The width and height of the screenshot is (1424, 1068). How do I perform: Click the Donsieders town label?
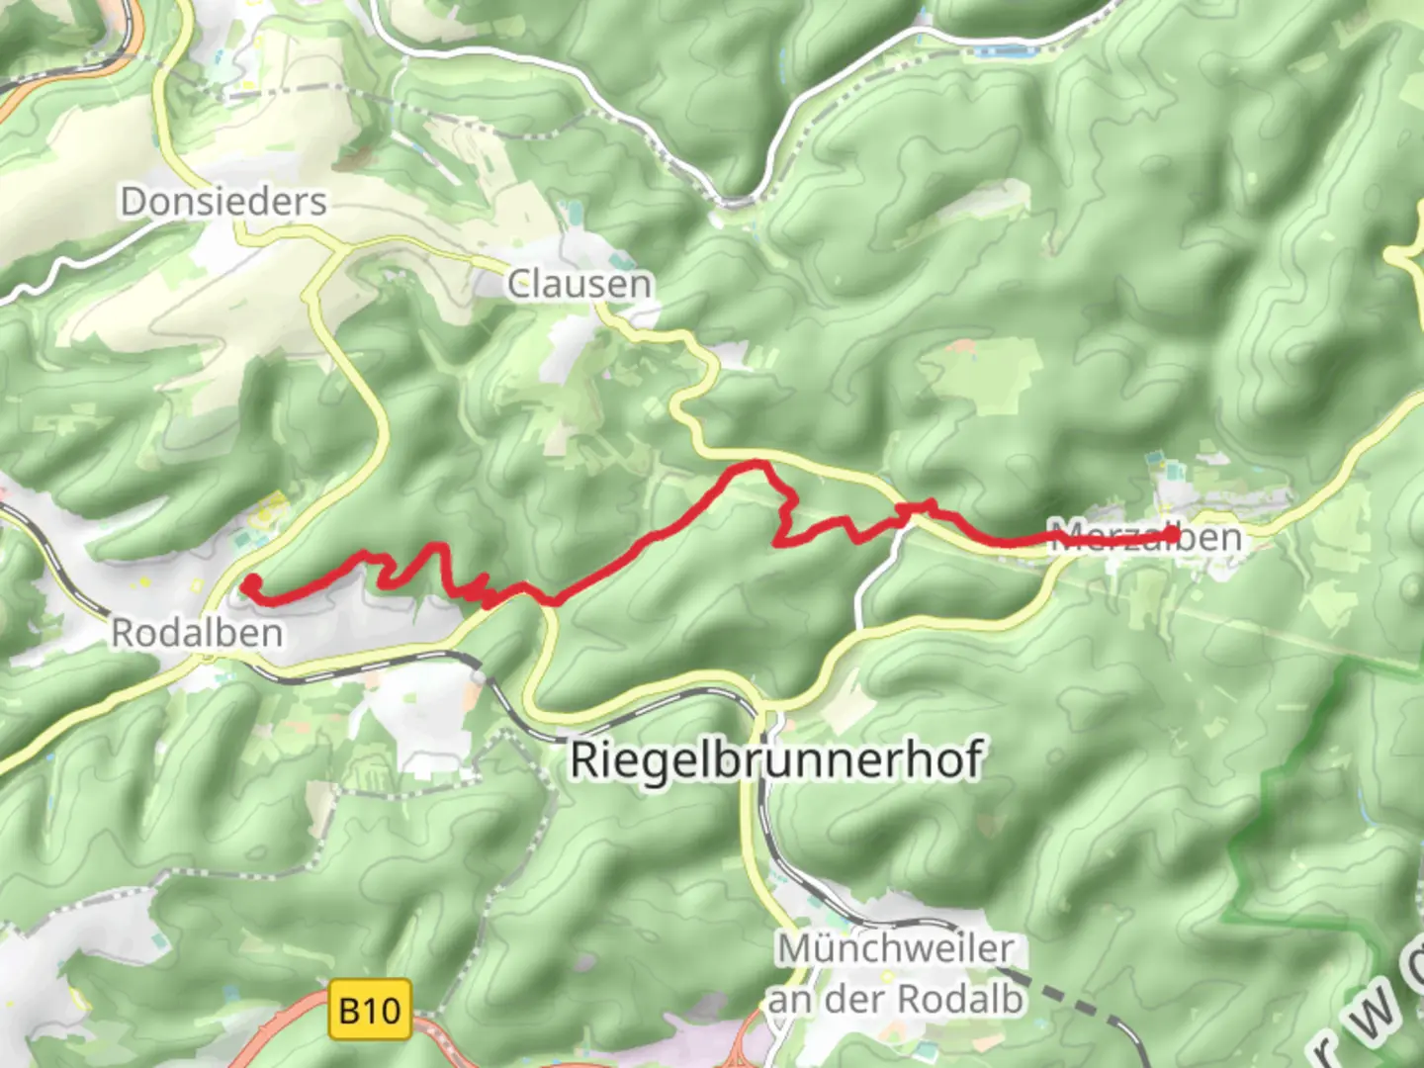223,202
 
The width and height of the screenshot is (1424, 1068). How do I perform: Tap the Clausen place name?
579,285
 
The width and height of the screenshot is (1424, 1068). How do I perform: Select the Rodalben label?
197,633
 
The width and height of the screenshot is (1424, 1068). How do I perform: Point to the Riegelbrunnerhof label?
776,760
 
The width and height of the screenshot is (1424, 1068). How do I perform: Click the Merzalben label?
1144,538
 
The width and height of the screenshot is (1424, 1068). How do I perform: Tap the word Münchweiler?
895,948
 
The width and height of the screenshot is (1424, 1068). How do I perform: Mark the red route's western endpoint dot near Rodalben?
252,581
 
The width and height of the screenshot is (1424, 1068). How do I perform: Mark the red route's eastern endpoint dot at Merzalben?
1173,535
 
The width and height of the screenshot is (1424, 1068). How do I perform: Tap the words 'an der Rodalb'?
895,999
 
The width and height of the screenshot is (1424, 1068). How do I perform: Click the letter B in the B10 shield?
349,1011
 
